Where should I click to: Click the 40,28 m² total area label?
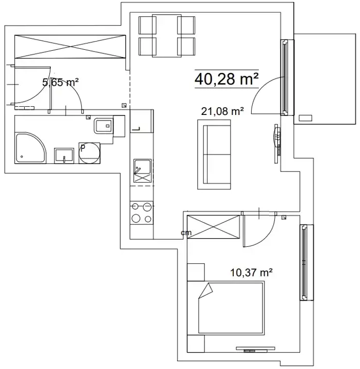click(226, 79)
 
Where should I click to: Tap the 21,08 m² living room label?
click(222, 111)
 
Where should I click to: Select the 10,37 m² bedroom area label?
click(251, 273)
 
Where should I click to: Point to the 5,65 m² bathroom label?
click(60, 82)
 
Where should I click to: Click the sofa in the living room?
click(214, 154)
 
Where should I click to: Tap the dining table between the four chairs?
click(167, 36)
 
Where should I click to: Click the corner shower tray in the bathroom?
click(30, 148)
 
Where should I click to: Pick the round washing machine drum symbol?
click(89, 153)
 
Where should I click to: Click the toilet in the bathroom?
click(104, 126)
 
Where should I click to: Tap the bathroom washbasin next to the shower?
click(64, 156)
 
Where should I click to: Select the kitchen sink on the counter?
click(142, 171)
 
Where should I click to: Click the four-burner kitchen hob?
click(142, 213)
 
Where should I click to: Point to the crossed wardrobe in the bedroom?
click(213, 227)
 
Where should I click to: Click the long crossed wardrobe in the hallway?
click(70, 47)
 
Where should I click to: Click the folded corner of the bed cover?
click(205, 290)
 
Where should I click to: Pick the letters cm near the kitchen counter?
click(186, 233)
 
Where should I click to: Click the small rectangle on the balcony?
click(306, 118)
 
